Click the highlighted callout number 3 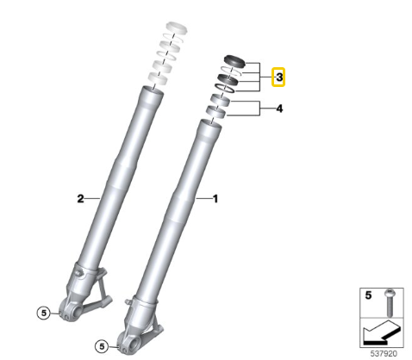[278, 78]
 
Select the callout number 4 [278, 109]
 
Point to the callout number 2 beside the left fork [80, 198]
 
